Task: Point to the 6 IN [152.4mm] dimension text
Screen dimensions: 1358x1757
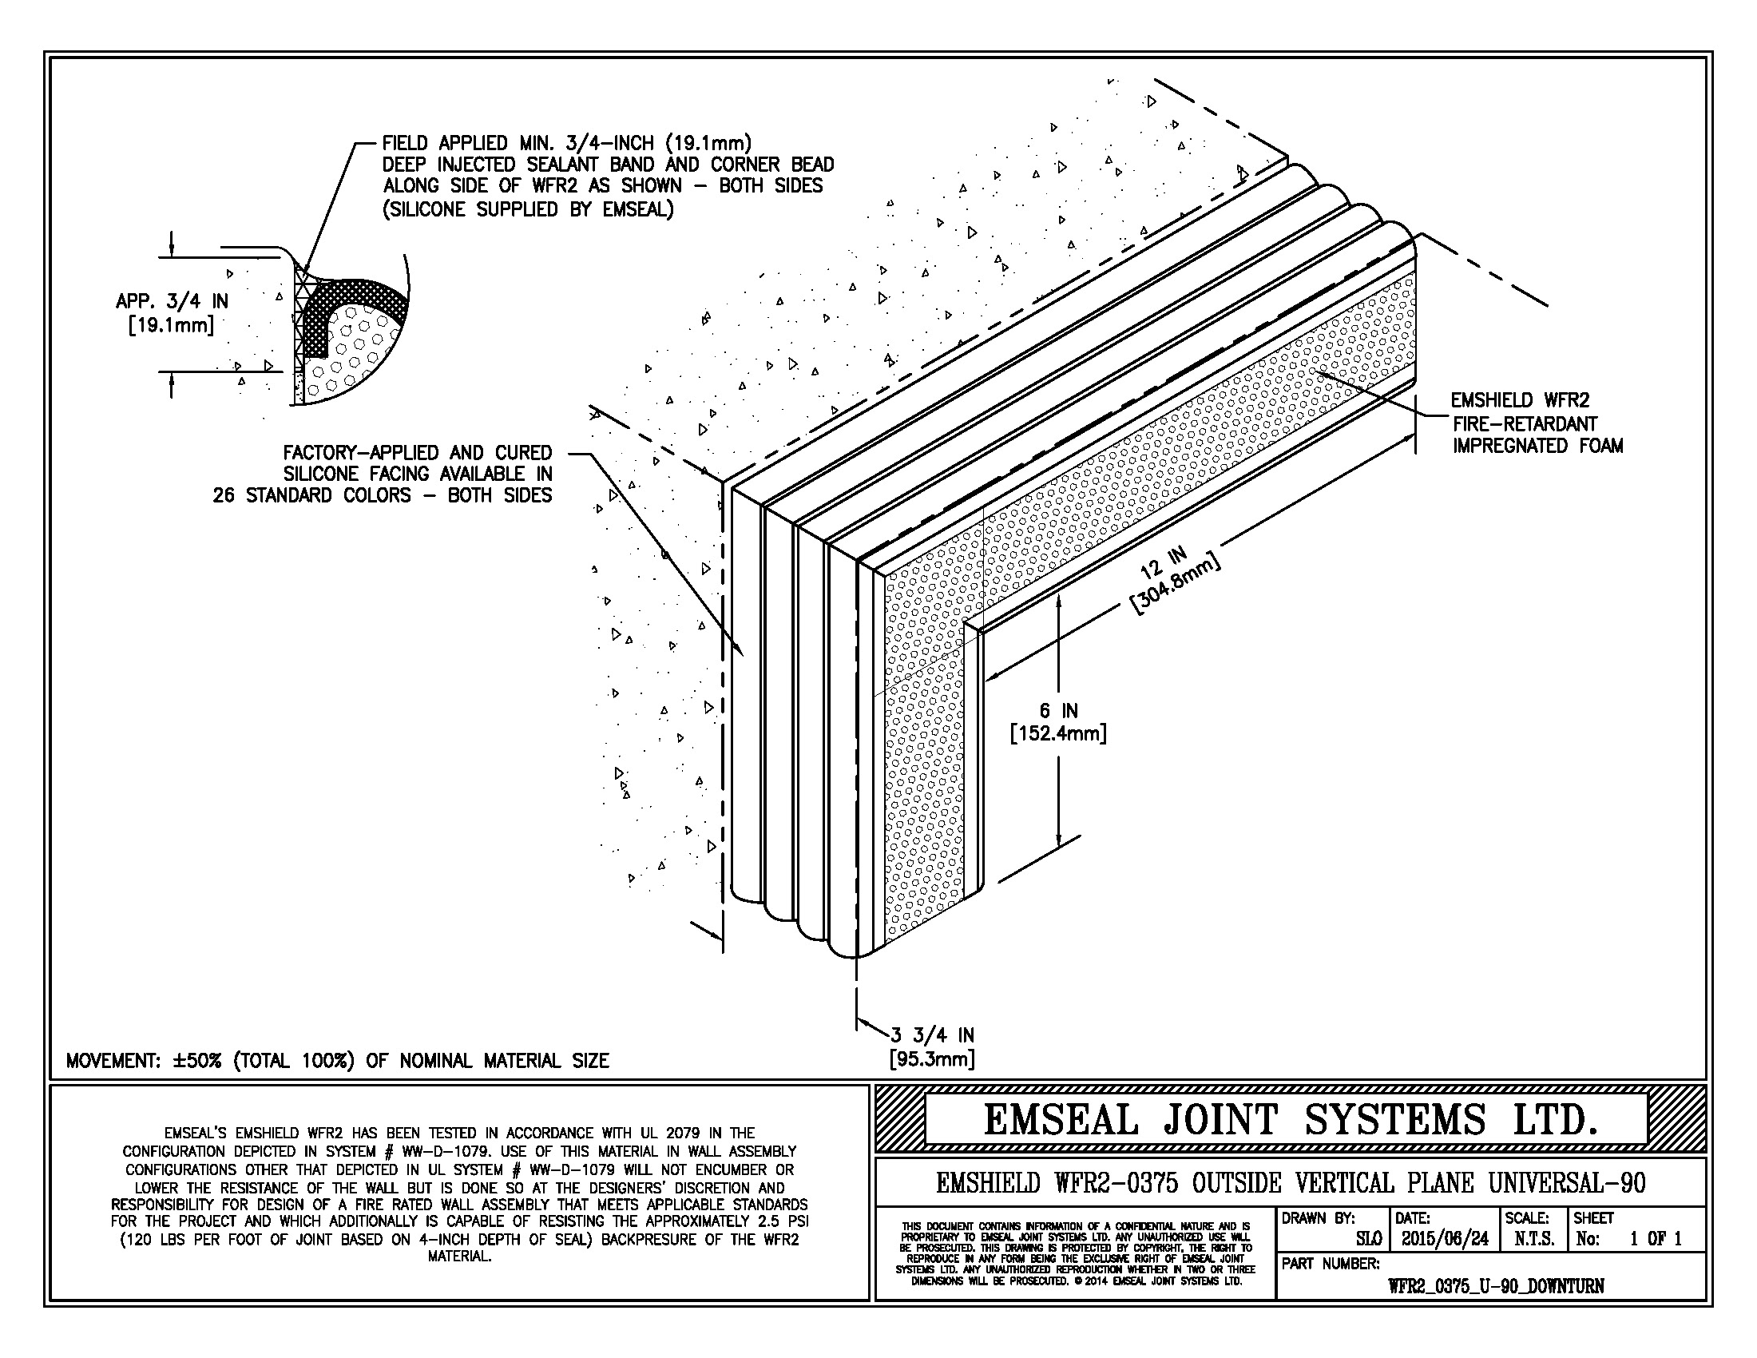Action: tap(1058, 721)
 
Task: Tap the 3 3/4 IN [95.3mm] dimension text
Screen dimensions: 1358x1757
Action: tap(932, 1046)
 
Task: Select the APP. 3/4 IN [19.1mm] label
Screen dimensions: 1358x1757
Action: tap(172, 313)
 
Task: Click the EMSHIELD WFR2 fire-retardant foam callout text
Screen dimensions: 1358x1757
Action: tap(1537, 423)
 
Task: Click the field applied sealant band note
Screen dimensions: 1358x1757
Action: tap(608, 176)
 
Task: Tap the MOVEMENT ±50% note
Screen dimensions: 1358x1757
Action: tap(337, 1060)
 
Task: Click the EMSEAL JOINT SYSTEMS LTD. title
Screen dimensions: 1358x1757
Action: tap(1290, 1120)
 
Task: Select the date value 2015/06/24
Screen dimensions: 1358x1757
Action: tap(1444, 1239)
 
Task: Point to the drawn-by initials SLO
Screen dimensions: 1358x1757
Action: tap(1368, 1239)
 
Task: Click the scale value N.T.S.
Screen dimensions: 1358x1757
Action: tap(1533, 1239)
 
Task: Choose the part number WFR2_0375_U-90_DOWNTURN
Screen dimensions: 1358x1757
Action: tap(1496, 1285)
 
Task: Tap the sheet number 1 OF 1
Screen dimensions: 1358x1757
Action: tap(1655, 1239)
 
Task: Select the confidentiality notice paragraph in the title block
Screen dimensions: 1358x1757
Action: tap(1075, 1253)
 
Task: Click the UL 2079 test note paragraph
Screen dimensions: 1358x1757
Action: tap(459, 1195)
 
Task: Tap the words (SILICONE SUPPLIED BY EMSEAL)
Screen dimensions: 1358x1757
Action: tap(528, 210)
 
